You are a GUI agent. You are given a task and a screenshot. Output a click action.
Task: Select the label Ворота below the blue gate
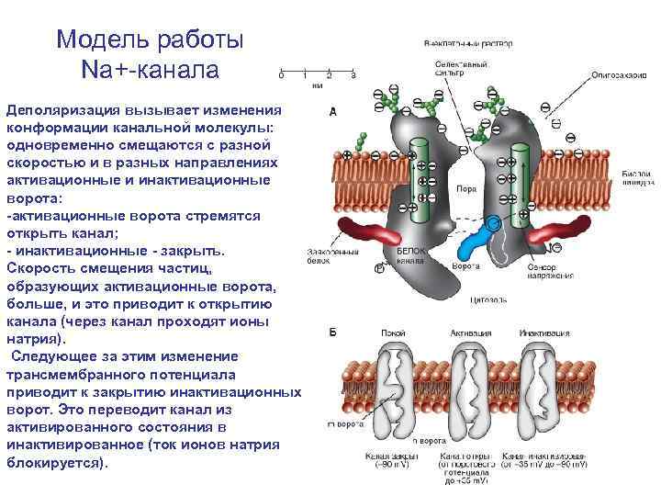click(466, 266)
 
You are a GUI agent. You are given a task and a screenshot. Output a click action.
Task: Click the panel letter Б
click(332, 331)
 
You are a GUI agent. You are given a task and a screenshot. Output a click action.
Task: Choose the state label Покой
click(398, 333)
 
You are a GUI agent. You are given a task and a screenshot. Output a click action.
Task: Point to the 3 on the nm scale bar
click(353, 73)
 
